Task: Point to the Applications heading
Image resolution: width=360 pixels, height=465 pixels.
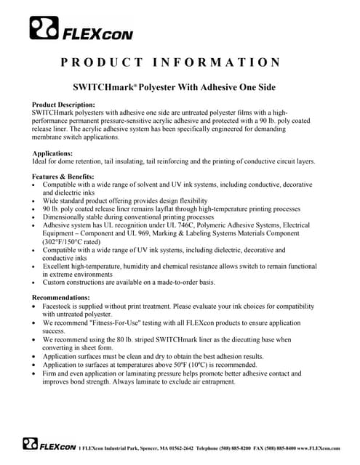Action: [52, 153]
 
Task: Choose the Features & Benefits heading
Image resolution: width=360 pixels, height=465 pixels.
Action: [63, 177]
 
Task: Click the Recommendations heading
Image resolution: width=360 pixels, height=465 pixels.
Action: [62, 297]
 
